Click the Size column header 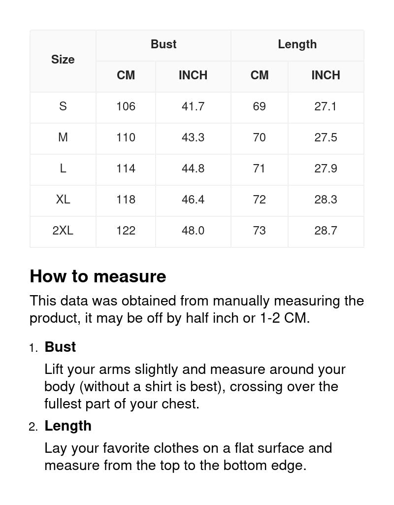[x=63, y=60]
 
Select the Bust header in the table [x=164, y=44]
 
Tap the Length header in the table [x=297, y=44]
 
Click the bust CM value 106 [x=126, y=106]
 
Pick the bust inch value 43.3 [x=193, y=137]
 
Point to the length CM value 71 [x=259, y=168]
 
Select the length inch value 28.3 [x=326, y=200]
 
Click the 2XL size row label [x=63, y=231]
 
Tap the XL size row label [x=63, y=200]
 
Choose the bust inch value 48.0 [x=193, y=231]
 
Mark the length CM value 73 [x=259, y=231]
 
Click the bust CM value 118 [x=126, y=200]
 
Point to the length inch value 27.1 [x=326, y=106]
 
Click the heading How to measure [x=98, y=276]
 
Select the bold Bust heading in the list [x=60, y=347]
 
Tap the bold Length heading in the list [x=68, y=426]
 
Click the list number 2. [x=33, y=427]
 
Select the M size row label [x=63, y=137]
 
